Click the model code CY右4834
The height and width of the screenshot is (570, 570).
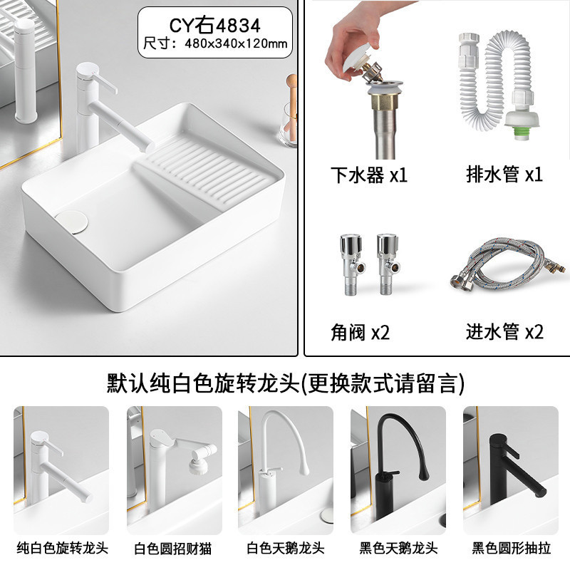pyautogui.click(x=215, y=25)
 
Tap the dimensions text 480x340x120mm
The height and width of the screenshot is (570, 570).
pyautogui.click(x=236, y=43)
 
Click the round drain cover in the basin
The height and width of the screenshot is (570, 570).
pyautogui.click(x=72, y=222)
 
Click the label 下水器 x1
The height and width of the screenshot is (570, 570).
pyautogui.click(x=368, y=175)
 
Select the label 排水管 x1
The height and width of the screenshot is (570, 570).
pyautogui.click(x=504, y=174)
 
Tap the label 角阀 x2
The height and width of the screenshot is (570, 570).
pyautogui.click(x=360, y=332)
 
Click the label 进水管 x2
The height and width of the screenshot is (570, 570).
pyautogui.click(x=505, y=331)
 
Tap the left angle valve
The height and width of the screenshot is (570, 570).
pyautogui.click(x=351, y=264)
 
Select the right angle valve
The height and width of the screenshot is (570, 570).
pyautogui.click(x=388, y=264)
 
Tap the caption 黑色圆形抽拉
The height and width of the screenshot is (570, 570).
pyautogui.click(x=511, y=548)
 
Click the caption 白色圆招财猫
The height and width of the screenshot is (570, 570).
pyautogui.click(x=172, y=548)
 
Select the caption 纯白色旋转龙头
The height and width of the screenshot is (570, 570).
pyautogui.click(x=62, y=548)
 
